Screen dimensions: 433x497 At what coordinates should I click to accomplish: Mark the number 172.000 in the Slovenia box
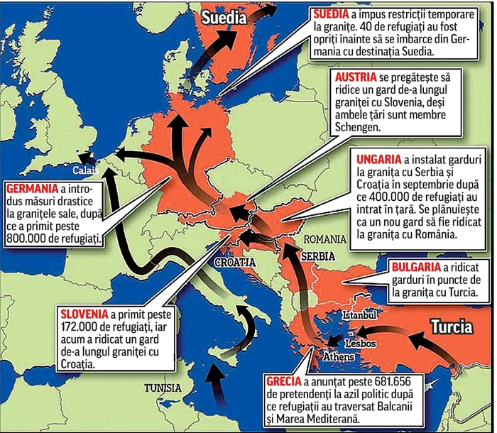(85, 327)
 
